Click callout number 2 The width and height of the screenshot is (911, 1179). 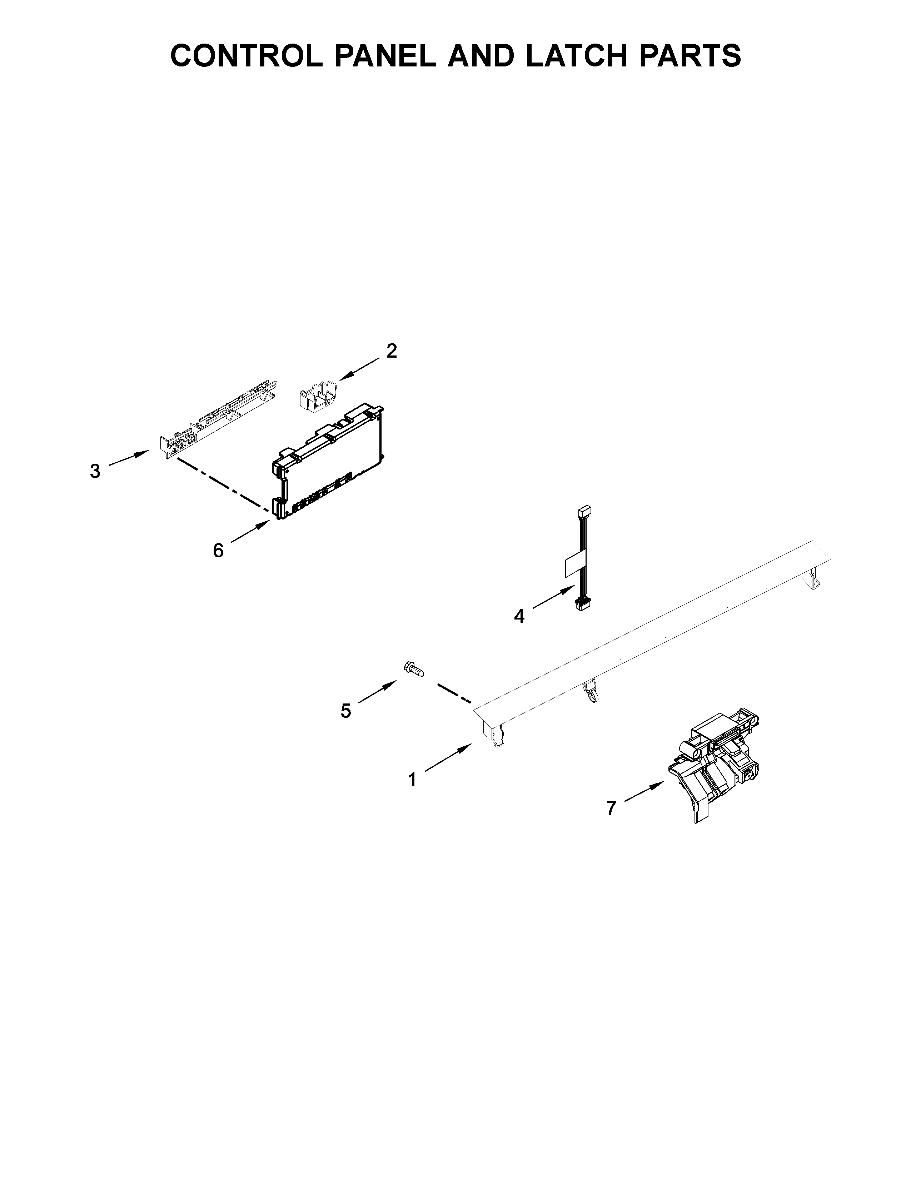click(392, 352)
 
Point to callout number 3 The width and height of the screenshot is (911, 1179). click(95, 471)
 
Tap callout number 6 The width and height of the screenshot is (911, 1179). click(218, 551)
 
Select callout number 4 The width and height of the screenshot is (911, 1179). click(519, 616)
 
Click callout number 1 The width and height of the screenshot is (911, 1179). click(412, 780)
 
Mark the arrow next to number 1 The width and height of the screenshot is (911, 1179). click(448, 757)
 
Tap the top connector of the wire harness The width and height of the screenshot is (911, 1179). click(584, 510)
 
